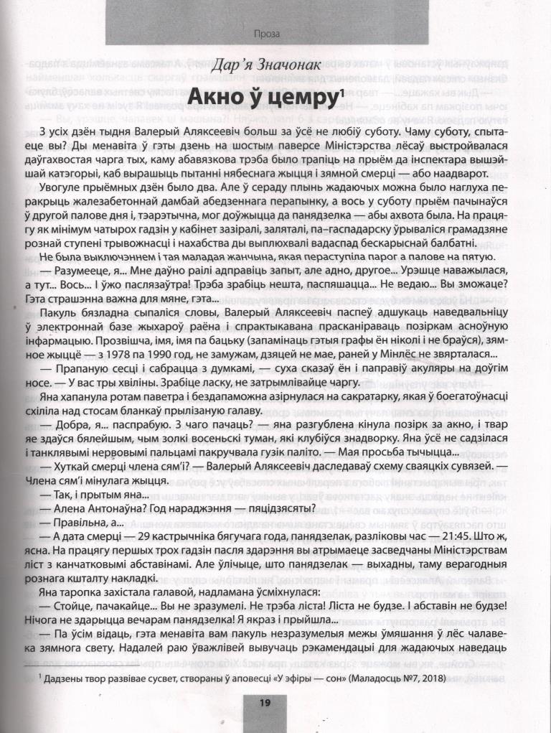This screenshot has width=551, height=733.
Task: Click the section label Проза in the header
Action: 267,33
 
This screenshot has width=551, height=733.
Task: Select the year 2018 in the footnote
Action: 429,678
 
